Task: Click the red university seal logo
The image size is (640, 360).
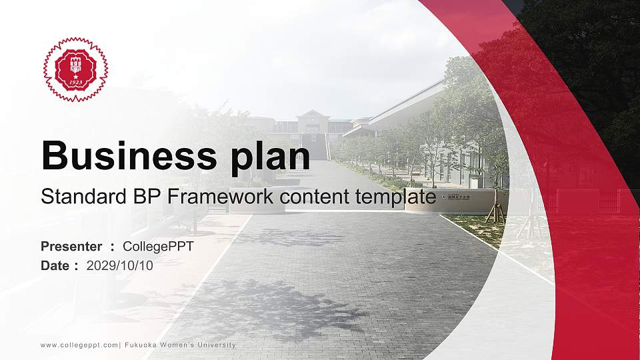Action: tap(75, 69)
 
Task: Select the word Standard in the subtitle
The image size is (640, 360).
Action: tap(75, 197)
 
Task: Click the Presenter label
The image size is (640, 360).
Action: tap(71, 246)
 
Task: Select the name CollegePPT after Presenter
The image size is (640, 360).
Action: tap(158, 246)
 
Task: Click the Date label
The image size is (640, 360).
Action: tap(55, 265)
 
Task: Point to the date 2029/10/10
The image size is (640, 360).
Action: tap(120, 265)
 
